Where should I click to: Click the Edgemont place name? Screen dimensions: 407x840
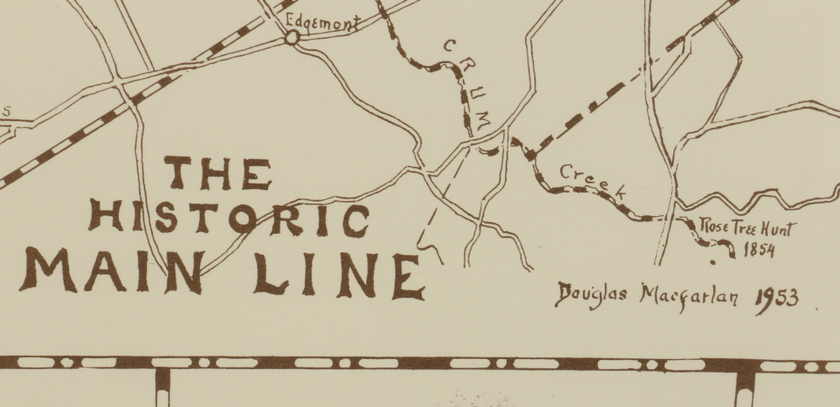point(321,22)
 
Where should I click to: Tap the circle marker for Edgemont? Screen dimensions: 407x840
point(291,37)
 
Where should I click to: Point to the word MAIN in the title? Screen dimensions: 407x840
point(114,271)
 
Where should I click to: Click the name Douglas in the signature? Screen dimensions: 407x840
point(593,296)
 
